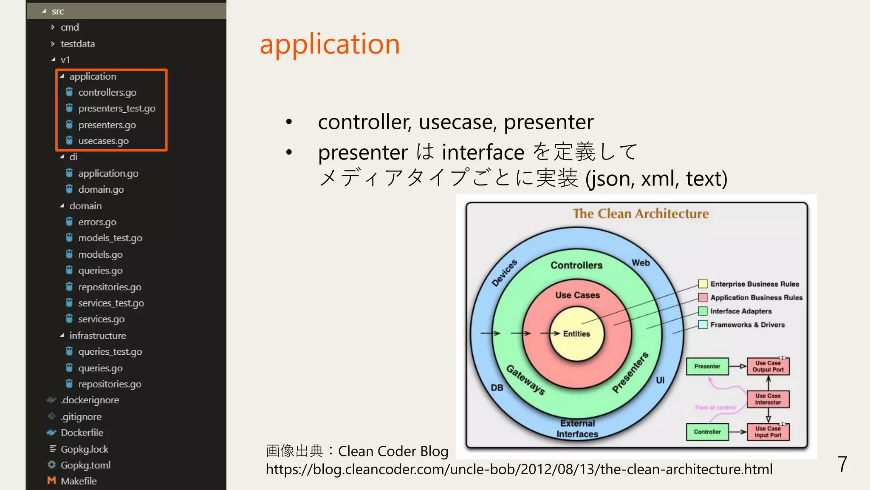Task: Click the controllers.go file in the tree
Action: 107,92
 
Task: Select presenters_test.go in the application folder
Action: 116,108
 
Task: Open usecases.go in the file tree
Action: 103,141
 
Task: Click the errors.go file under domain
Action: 97,222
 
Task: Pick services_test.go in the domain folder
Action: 111,303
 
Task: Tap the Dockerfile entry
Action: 82,433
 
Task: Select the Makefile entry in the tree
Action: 79,481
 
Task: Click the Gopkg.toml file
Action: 85,465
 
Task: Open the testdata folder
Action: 77,44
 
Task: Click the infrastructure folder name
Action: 97,336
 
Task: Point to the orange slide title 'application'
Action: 330,44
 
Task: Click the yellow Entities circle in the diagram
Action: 576,334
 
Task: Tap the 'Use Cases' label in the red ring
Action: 577,295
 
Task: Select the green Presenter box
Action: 707,366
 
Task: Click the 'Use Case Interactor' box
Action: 768,399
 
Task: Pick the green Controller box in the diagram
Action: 707,432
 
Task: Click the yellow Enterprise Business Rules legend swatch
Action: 703,284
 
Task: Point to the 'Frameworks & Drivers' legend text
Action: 747,325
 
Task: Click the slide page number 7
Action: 842,464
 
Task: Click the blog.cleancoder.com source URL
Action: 519,469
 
